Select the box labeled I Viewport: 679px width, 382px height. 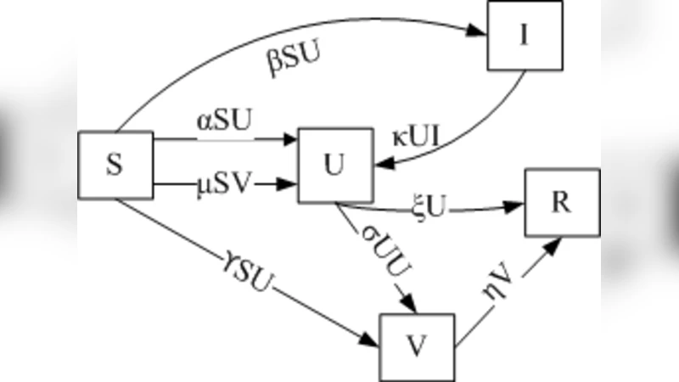coord(524,37)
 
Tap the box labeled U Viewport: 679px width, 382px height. coord(335,166)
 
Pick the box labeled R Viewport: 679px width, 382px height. coord(561,203)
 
